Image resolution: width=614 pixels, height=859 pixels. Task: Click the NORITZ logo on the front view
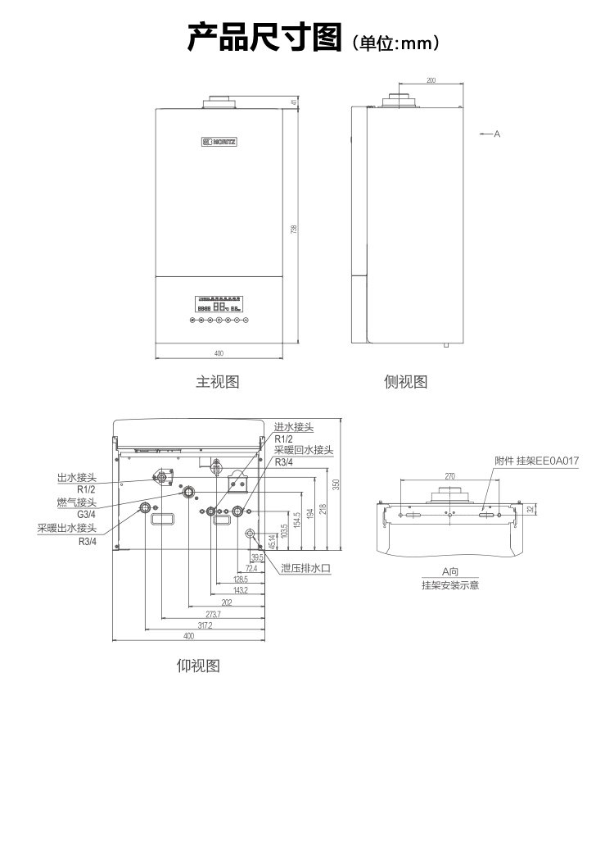pyautogui.click(x=219, y=143)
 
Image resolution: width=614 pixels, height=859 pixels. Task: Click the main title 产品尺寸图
pyautogui.click(x=264, y=38)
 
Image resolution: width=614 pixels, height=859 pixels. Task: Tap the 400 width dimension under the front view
pyautogui.click(x=219, y=353)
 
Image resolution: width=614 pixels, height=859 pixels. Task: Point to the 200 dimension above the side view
pyautogui.click(x=431, y=80)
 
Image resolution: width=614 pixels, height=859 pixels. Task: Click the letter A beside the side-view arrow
pyautogui.click(x=497, y=133)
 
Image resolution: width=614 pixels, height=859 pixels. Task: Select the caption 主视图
pyautogui.click(x=217, y=382)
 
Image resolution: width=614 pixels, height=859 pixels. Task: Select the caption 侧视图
pyautogui.click(x=406, y=382)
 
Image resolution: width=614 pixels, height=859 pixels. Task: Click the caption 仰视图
pyautogui.click(x=199, y=665)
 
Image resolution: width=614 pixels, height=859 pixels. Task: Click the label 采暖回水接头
pyautogui.click(x=304, y=450)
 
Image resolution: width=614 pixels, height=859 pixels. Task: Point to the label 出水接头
pyautogui.click(x=77, y=477)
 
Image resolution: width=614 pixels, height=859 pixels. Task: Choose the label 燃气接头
pyautogui.click(x=77, y=502)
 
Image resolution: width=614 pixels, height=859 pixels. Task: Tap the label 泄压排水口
pyautogui.click(x=305, y=567)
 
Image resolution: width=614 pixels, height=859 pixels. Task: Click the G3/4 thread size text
pyautogui.click(x=87, y=515)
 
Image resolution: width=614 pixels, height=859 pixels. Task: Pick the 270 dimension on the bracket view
pyautogui.click(x=449, y=476)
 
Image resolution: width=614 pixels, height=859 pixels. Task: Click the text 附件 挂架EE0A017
pyautogui.click(x=536, y=461)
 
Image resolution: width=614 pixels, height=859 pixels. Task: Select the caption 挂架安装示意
pyautogui.click(x=450, y=585)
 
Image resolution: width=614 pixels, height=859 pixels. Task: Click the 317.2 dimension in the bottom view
pyautogui.click(x=205, y=625)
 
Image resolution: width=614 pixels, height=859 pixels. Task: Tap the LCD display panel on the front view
pyautogui.click(x=219, y=303)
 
